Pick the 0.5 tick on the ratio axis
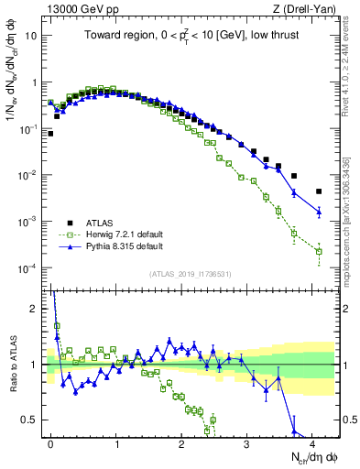tap(33, 420)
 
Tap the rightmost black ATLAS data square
tap(319, 191)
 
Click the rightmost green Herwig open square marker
tap(319, 251)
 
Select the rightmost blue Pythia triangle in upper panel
tap(319, 212)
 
